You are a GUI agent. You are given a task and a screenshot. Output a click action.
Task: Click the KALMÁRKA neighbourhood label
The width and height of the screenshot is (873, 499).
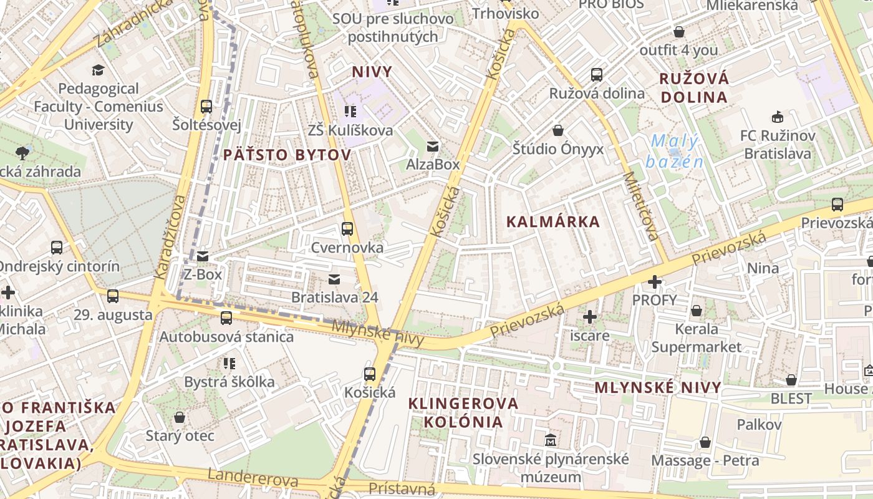click(552, 221)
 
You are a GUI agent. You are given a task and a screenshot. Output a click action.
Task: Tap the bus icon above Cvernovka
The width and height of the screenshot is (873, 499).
click(347, 229)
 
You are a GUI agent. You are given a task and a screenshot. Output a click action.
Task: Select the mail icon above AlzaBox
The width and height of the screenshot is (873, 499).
click(432, 147)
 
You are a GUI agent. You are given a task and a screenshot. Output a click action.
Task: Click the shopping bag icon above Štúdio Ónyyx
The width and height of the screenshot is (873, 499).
click(558, 130)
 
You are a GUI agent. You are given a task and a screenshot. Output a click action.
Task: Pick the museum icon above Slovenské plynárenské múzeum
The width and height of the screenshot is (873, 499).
click(550, 440)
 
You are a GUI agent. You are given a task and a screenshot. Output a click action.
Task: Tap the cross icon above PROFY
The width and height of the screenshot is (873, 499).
click(654, 282)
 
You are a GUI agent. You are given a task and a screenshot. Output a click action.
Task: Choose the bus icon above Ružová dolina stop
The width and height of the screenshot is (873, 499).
click(597, 75)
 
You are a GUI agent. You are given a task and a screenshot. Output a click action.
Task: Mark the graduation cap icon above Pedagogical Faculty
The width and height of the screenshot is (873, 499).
click(98, 70)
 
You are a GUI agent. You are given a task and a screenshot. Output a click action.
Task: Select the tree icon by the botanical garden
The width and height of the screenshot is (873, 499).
click(22, 152)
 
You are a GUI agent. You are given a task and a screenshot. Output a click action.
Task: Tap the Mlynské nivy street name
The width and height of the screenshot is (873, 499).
click(378, 333)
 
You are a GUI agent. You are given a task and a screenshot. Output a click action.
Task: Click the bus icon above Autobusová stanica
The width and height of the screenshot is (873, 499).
click(226, 318)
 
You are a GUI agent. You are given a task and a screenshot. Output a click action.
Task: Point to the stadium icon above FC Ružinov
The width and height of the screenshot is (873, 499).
click(777, 117)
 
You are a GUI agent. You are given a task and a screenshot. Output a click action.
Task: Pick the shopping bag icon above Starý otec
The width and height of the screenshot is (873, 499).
click(180, 417)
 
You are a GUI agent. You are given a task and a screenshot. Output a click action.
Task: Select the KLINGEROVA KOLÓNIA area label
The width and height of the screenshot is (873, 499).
click(463, 412)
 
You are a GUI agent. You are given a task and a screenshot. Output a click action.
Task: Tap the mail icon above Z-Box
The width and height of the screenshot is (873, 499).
click(203, 256)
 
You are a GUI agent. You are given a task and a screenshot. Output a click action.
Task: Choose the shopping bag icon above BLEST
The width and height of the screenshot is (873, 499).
click(791, 380)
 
